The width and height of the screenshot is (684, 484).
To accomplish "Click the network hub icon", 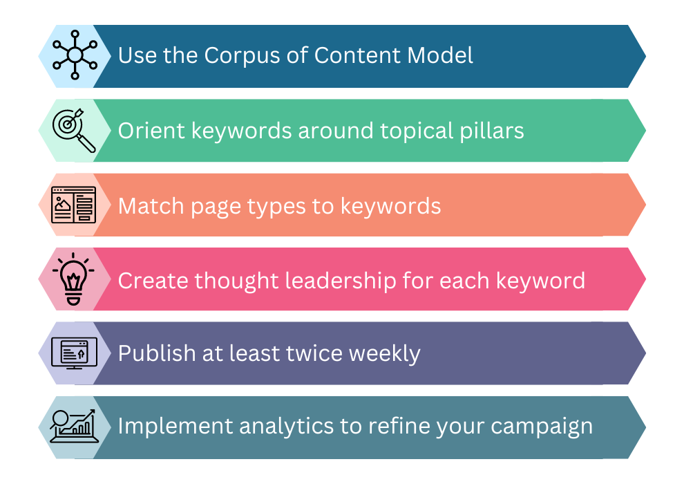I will [x=74, y=56].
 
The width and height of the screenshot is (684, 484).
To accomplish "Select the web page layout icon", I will [x=74, y=205].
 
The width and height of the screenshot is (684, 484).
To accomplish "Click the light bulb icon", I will [x=74, y=279].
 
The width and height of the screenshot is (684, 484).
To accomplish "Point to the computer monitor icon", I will [x=74, y=353].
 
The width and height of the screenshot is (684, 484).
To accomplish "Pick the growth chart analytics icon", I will [x=74, y=427].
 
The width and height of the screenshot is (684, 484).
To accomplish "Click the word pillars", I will [x=488, y=131].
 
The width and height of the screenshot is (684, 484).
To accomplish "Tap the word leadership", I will [x=343, y=281].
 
